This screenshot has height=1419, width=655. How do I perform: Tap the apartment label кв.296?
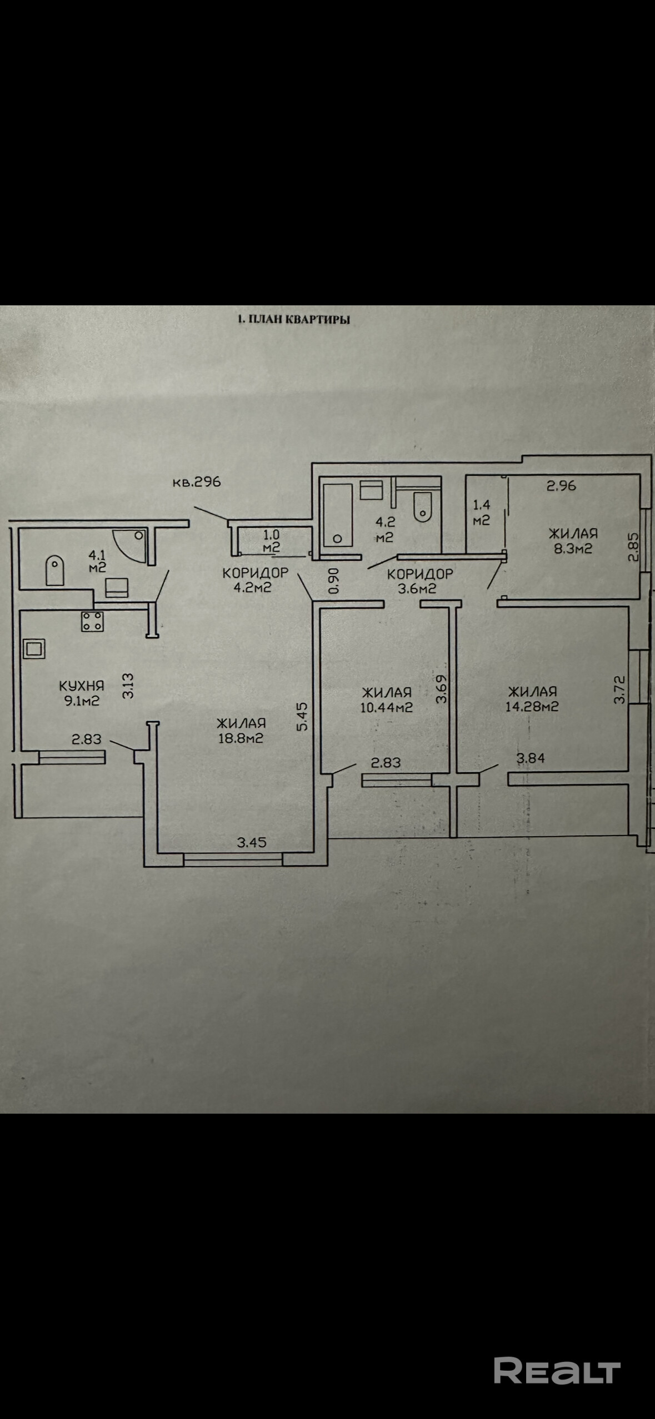click(196, 481)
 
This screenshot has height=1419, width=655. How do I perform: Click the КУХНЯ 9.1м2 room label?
click(82, 693)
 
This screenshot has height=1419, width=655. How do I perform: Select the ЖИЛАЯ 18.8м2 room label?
click(241, 731)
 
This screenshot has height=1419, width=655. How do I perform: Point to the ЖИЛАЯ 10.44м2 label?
click(387, 700)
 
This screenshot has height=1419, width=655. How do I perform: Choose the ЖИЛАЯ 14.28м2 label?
click(532, 698)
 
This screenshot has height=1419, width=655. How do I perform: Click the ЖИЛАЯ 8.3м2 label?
click(573, 541)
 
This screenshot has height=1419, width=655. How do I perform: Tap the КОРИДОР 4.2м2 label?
click(255, 580)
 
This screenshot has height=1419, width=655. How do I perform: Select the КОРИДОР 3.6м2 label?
click(419, 581)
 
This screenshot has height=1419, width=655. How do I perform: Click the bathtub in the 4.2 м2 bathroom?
click(337, 515)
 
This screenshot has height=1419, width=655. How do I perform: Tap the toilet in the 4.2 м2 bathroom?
click(422, 506)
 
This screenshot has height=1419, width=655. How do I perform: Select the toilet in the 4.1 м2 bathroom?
click(54, 569)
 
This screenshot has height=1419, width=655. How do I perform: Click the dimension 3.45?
click(252, 842)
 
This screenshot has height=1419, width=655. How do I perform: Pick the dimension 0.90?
click(333, 580)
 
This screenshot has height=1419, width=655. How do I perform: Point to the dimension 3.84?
click(531, 758)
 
